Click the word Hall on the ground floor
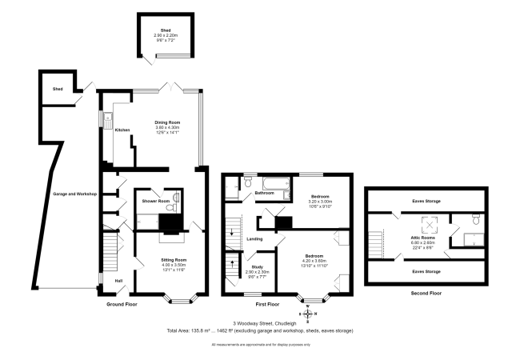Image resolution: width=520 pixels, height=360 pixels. (118, 281)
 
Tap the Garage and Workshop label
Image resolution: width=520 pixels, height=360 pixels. (74, 194)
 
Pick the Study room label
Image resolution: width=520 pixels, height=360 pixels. (256, 266)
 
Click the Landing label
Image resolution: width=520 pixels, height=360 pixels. (255, 238)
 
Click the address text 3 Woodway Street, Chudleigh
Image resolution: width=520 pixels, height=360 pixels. (259, 322)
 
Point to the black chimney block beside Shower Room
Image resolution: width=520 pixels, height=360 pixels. (170, 222)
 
